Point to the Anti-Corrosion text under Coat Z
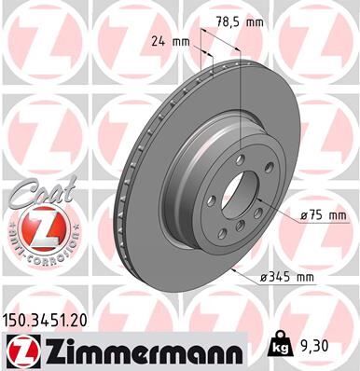pos(34,254)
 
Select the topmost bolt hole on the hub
pos(241,159)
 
